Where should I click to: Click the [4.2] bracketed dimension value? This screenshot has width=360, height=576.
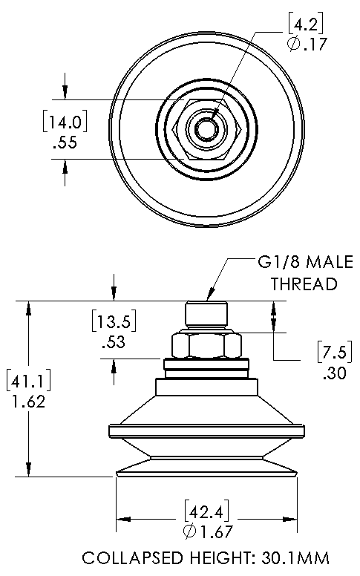click(x=306, y=24)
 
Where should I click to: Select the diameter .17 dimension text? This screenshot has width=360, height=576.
click(x=307, y=44)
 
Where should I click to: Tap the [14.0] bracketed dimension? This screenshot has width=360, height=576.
click(x=65, y=121)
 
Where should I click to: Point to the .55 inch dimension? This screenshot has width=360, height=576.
click(x=65, y=143)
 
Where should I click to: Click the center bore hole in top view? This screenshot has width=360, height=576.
click(x=206, y=128)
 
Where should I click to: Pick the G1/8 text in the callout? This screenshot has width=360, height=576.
click(x=279, y=262)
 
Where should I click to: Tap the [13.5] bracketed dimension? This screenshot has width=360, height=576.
click(x=114, y=321)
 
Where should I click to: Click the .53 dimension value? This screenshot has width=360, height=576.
click(x=114, y=341)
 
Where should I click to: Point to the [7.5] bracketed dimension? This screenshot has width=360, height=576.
click(x=335, y=353)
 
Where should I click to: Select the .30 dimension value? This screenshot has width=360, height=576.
click(x=335, y=373)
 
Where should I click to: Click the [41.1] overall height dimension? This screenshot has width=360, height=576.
click(x=29, y=381)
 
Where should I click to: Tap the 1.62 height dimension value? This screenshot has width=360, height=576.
click(x=29, y=402)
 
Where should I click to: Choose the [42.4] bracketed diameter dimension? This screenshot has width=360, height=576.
click(x=206, y=511)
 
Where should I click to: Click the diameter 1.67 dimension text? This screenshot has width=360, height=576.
click(x=207, y=531)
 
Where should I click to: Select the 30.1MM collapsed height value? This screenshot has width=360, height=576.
click(x=295, y=558)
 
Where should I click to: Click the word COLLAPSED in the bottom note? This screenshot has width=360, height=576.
click(x=132, y=558)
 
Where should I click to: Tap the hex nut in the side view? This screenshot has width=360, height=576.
click(x=206, y=344)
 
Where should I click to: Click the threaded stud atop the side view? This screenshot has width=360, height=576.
click(x=206, y=315)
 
